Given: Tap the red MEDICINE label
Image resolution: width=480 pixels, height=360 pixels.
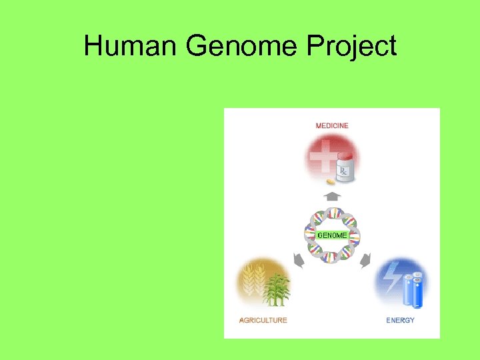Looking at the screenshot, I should [332, 125].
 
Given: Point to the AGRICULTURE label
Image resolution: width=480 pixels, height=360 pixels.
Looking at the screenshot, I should [263, 320].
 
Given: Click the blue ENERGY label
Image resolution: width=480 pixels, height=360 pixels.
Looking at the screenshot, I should [400, 320].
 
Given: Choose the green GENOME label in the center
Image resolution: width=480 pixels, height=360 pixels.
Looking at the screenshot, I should [331, 235].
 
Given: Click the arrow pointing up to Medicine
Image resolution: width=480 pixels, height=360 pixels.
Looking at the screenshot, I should [332, 196].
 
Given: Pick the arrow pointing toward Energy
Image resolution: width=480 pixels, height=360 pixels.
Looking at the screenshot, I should [365, 261].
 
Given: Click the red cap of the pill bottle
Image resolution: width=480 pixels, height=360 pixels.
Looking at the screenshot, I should [345, 155].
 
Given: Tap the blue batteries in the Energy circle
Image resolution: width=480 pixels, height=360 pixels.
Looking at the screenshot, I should [413, 290].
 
